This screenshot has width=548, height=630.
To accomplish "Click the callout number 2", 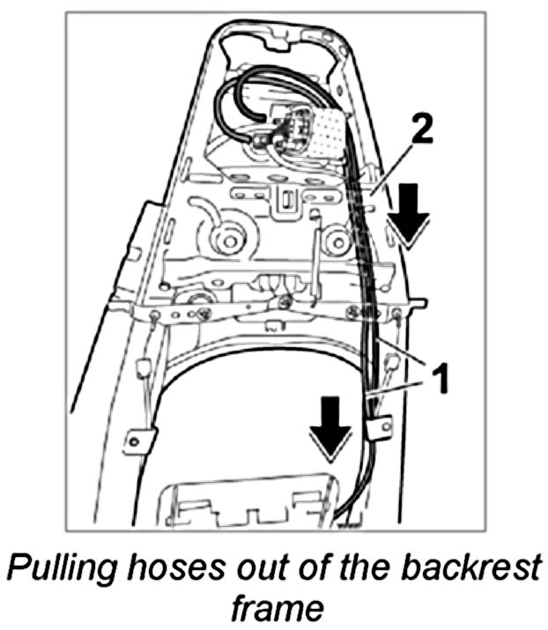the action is (x=422, y=131).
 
